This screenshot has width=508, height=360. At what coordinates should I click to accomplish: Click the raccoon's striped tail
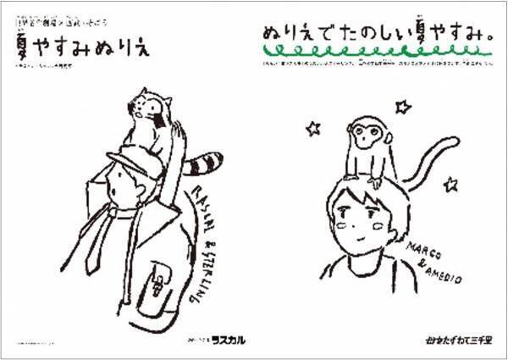[x=206, y=159]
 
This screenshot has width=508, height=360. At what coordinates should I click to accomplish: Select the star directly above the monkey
[x=403, y=107]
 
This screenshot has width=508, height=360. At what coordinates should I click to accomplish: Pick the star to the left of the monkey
[x=313, y=129]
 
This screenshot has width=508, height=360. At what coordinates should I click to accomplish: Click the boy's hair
[x=356, y=197]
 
